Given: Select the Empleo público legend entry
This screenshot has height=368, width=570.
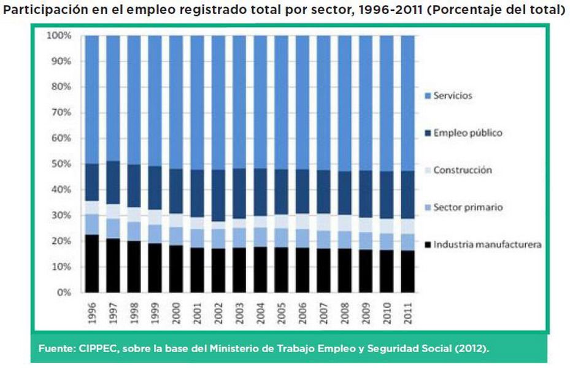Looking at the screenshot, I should pos(468,132).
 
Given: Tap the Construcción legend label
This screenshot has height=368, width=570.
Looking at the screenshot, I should pos(463,170).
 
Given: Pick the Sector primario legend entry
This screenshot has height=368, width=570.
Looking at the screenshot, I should pos(468,207).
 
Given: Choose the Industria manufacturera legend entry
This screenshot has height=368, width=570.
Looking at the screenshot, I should pos(487,245).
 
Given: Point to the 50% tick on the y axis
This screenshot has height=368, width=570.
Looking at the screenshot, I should pos(60,164).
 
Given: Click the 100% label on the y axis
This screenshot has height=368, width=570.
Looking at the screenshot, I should pos(58,36).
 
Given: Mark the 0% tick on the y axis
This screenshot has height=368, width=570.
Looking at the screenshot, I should pos(64,293).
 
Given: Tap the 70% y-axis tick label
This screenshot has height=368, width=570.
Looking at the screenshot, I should pos(60,113).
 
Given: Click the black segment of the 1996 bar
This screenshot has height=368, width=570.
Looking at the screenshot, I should pos(92,264).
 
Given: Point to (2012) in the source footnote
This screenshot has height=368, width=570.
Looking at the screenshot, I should pos(472,348).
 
